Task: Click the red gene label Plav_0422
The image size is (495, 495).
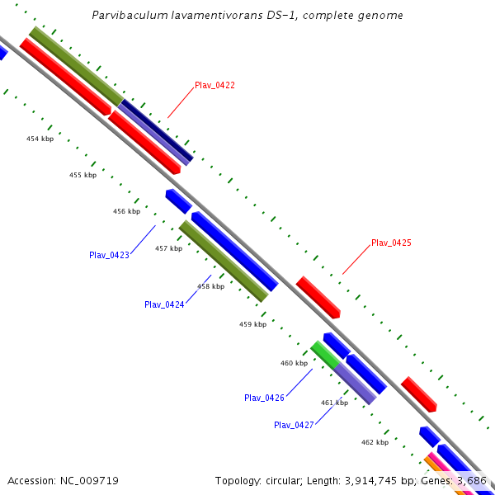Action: coord(214,86)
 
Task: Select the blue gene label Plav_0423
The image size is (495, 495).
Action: coord(109,255)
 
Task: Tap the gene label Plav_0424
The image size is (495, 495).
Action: coord(164,304)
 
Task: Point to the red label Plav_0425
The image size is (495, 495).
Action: coord(391,243)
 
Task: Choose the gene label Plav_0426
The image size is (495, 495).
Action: coord(264,398)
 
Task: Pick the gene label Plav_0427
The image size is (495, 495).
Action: coord(294,425)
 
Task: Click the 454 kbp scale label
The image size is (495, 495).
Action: coord(40,139)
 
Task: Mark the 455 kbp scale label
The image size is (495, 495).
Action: coord(82,175)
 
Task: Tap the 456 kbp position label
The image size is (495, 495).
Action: coord(126,211)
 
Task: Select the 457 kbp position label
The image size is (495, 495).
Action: coord(168,248)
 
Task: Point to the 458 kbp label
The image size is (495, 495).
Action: coord(210,286)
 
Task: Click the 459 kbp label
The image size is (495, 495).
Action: coord(252,324)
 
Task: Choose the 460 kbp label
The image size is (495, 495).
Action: coord(294,363)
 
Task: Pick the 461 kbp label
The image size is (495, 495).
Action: coord(334,403)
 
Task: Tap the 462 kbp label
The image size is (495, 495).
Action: coord(375,442)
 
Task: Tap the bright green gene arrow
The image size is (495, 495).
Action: coord(324,355)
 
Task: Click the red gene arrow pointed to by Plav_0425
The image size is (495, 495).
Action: coord(318,297)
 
